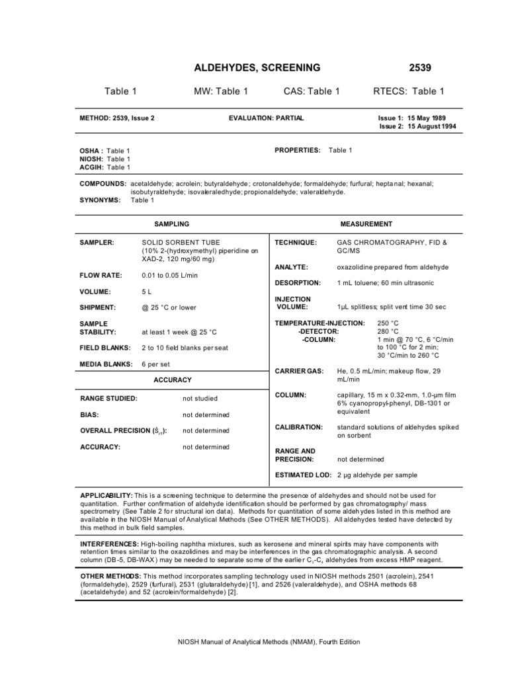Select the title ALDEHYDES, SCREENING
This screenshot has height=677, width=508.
coord(257,67)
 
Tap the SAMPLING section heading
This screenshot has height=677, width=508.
coord(171,224)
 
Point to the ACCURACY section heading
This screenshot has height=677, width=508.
coord(172,380)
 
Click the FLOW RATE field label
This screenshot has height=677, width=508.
coord(100,275)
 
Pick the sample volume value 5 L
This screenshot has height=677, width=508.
coord(147,292)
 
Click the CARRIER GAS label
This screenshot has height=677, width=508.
coord(299,372)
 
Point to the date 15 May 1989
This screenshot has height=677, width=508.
coord(431,118)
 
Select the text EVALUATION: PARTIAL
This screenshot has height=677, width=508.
coord(266,118)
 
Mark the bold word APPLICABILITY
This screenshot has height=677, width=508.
coord(106,495)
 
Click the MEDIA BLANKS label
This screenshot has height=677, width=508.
coord(105,364)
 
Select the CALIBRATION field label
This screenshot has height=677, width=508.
coord(298,427)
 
